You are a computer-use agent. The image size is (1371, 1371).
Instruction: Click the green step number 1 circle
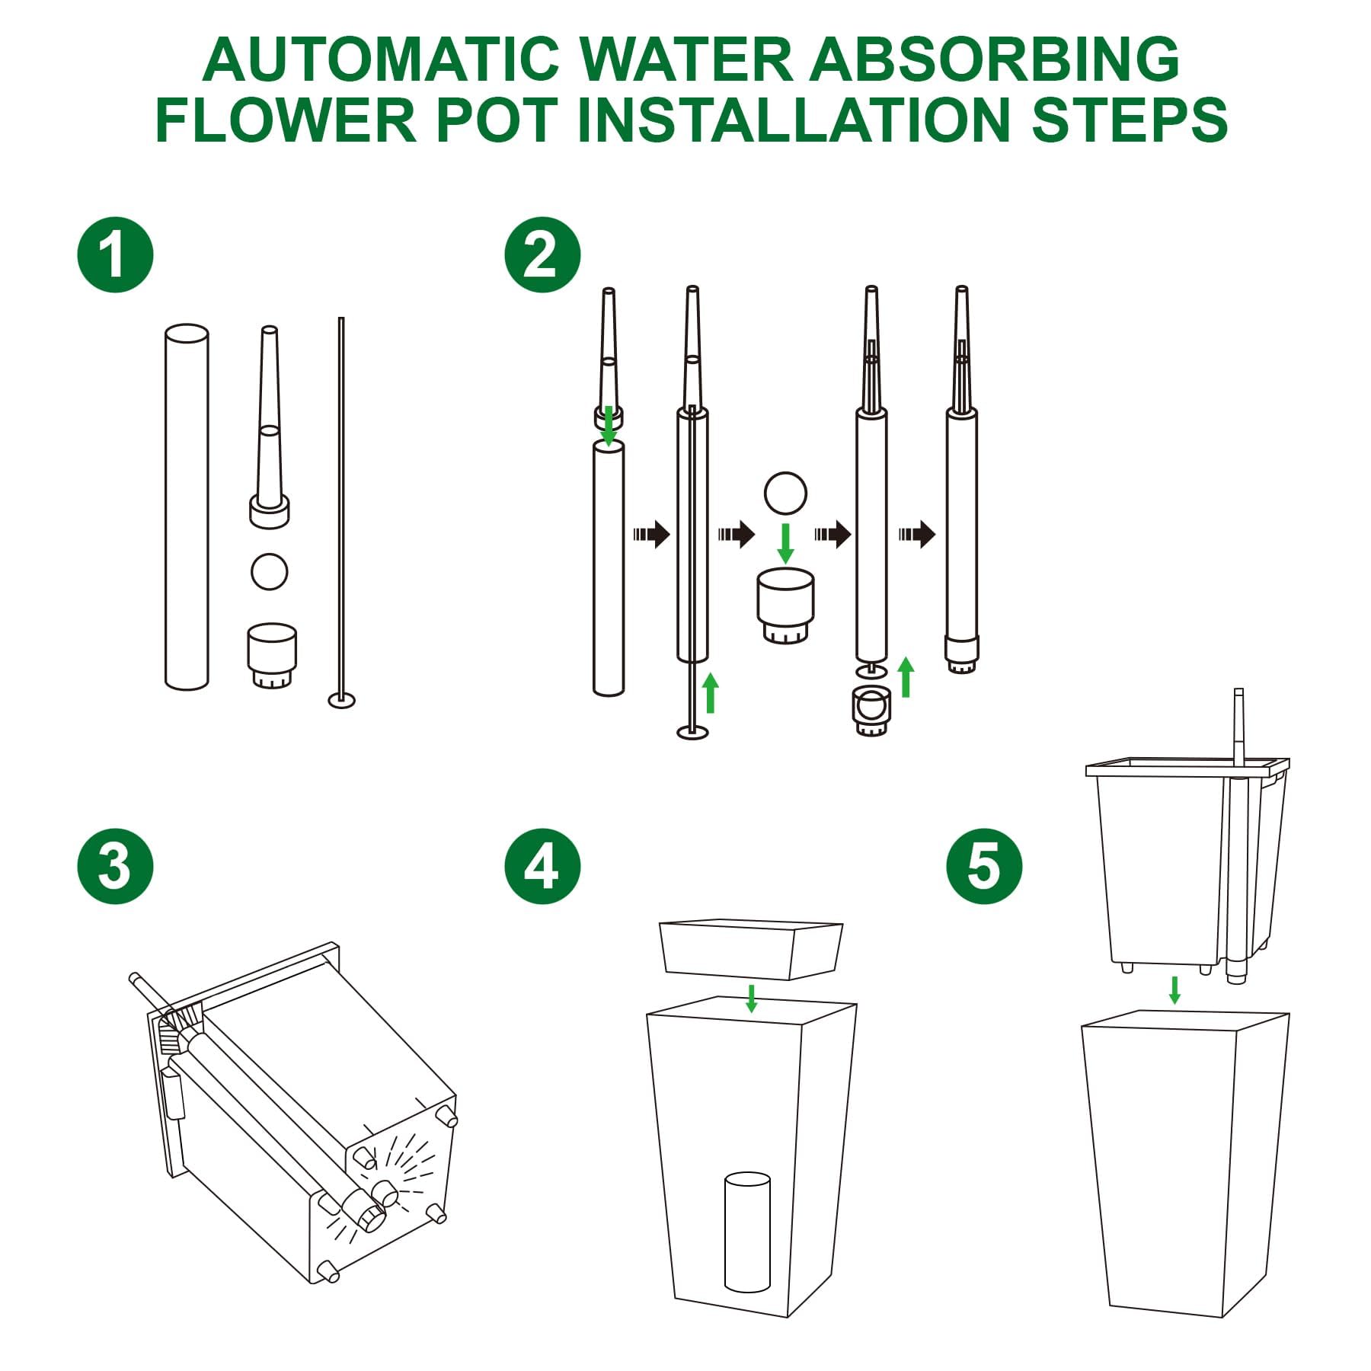click(x=115, y=255)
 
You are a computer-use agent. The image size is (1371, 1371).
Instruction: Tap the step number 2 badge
click(x=542, y=255)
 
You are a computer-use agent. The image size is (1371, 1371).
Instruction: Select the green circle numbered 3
click(x=115, y=866)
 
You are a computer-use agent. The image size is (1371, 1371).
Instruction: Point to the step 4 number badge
click(x=542, y=866)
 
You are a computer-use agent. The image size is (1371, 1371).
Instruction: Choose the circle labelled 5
click(x=984, y=866)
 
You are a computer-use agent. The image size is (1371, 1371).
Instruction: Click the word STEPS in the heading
click(x=1130, y=120)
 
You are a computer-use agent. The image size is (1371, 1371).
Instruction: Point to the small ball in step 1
click(x=269, y=571)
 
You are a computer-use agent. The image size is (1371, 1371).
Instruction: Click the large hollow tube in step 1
click(x=187, y=507)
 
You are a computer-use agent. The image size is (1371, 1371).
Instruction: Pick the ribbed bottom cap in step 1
click(x=272, y=656)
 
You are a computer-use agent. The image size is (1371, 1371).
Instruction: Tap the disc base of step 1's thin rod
click(x=341, y=699)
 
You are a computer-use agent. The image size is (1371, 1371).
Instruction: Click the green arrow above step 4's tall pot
click(x=752, y=998)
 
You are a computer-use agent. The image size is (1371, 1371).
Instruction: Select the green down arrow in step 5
click(x=1174, y=990)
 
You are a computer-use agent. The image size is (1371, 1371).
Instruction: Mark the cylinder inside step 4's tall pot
click(x=747, y=1232)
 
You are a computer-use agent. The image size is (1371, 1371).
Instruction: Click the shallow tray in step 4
click(x=751, y=949)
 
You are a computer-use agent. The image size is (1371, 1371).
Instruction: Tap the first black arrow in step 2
click(x=651, y=534)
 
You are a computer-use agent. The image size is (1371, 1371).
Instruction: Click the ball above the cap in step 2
click(x=785, y=493)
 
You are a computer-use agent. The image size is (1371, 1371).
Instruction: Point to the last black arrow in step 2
click(x=916, y=534)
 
